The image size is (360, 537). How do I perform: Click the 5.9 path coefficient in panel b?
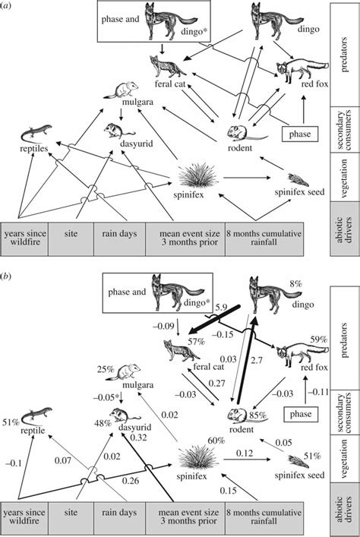pos(221,307)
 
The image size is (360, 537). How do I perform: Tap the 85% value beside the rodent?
pos(258,415)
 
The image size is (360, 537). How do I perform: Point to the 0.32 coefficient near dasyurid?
pos(138,437)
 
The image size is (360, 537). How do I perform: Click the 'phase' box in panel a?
pos(300,134)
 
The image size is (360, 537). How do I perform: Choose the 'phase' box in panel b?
pos(301,414)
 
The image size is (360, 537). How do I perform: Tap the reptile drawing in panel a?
pos(36,133)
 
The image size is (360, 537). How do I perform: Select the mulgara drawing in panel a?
pos(121,90)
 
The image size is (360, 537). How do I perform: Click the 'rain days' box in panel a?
pos(119,239)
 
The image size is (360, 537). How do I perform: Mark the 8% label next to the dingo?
pos(295,283)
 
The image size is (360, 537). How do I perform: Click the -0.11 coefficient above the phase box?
pos(318,391)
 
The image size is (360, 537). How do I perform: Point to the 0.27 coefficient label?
pos(216,383)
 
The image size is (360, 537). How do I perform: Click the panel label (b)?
pos(6,276)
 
